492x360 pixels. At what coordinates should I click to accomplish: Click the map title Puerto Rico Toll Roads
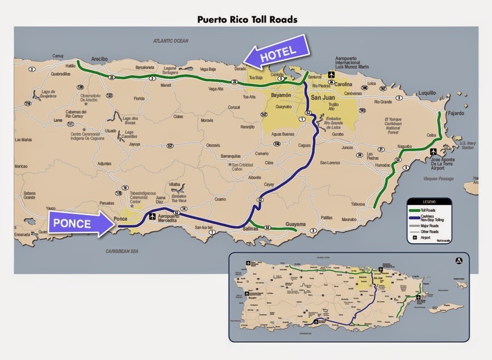click(x=247, y=19)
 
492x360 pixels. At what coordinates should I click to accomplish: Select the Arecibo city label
click(x=99, y=58)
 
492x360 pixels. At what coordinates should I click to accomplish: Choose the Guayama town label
click(x=296, y=223)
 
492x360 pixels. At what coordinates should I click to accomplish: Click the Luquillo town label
click(x=428, y=93)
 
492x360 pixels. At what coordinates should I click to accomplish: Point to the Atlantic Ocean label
click(x=170, y=41)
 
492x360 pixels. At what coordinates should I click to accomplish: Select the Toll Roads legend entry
click(x=430, y=209)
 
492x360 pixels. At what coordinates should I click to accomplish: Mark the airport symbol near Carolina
click(x=331, y=74)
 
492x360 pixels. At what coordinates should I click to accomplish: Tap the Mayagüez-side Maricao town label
click(x=21, y=166)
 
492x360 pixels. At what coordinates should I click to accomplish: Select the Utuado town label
click(x=110, y=131)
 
